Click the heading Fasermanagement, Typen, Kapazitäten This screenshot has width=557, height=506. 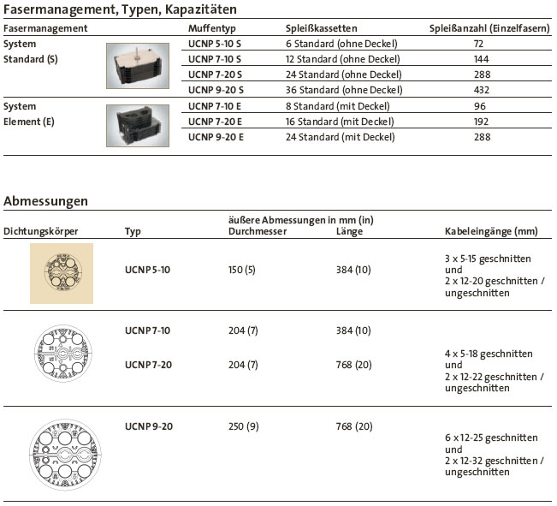(121, 9)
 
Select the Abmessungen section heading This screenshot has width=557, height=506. (46, 201)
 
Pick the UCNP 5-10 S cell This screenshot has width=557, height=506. (215, 43)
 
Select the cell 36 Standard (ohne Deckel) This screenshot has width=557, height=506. (343, 89)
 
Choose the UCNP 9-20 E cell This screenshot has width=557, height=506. (216, 137)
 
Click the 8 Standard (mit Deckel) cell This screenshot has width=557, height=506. (337, 106)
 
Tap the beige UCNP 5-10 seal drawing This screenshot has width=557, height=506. (62, 272)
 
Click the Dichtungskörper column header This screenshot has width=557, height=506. (41, 231)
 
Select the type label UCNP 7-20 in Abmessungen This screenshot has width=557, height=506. (147, 365)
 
